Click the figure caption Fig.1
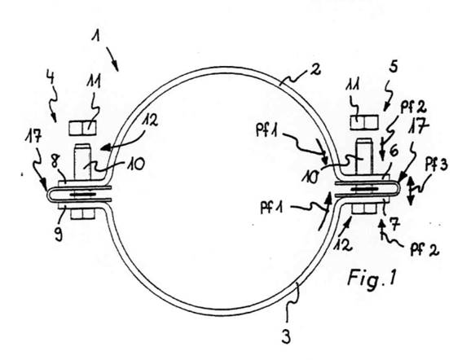point(372,277)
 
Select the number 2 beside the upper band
point(315,68)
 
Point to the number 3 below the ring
point(51,77)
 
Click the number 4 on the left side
point(393,67)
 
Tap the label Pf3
point(395,223)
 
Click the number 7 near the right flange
point(395,223)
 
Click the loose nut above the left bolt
point(83,128)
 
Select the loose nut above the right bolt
point(364,122)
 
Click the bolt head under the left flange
point(83,213)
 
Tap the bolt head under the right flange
point(364,209)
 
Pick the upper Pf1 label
point(267,130)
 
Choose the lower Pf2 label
point(425,250)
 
